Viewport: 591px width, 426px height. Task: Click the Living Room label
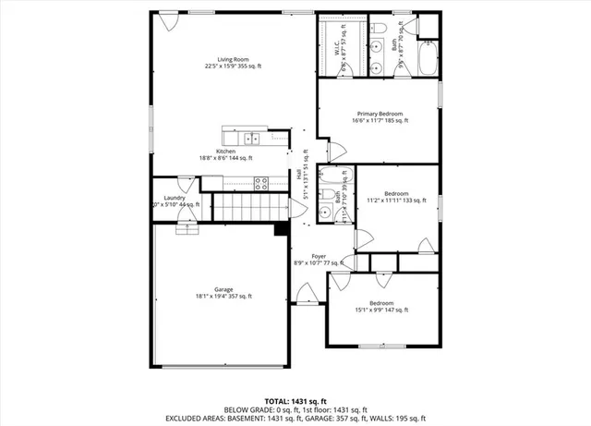click(x=233, y=61)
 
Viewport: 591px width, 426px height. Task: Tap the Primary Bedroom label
click(x=380, y=116)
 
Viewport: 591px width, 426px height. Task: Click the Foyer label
click(x=318, y=258)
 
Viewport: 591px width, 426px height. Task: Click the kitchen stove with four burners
click(x=260, y=182)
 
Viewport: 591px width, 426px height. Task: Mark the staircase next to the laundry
click(x=246, y=208)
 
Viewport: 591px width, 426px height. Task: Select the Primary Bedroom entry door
click(x=325, y=150)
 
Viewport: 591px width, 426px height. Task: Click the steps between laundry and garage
click(x=187, y=227)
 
